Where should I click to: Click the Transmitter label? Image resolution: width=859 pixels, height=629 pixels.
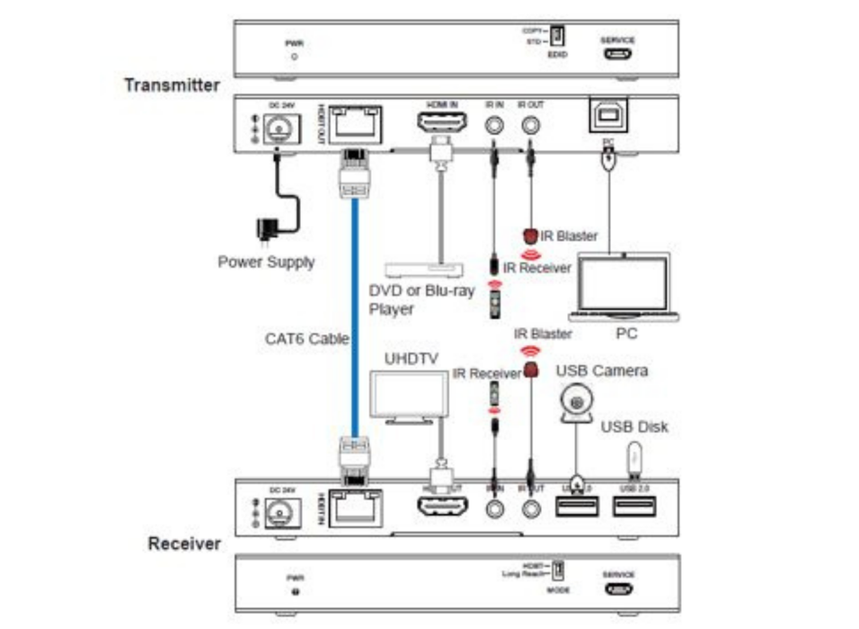172,85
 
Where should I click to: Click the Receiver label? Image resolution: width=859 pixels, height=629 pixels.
184,544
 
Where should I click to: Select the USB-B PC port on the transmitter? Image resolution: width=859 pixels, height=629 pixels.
608,117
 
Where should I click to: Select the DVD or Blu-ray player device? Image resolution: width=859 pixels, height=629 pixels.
423,269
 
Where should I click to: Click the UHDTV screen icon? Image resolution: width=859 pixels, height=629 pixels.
409,396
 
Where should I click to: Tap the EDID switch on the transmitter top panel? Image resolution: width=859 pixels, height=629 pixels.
556,37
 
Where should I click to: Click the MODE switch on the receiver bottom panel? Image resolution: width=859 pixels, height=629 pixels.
557,570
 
